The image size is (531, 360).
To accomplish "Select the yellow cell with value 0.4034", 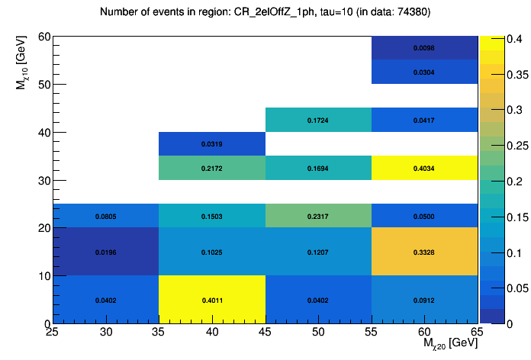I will (424, 168).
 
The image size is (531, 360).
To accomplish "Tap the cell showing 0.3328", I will (424, 252).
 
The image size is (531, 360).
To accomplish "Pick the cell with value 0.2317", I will (318, 216).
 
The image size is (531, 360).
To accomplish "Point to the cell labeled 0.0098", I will (424, 48).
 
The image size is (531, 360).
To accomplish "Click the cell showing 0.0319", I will (212, 143).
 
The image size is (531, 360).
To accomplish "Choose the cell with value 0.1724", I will (318, 120).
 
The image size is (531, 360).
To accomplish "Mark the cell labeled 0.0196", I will (106, 252).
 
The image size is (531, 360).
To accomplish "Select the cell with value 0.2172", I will (212, 168).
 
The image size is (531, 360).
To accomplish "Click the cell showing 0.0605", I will (106, 216).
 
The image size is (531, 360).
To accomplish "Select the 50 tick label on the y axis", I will (44, 85).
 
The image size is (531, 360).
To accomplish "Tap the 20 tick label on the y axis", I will (44, 228).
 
